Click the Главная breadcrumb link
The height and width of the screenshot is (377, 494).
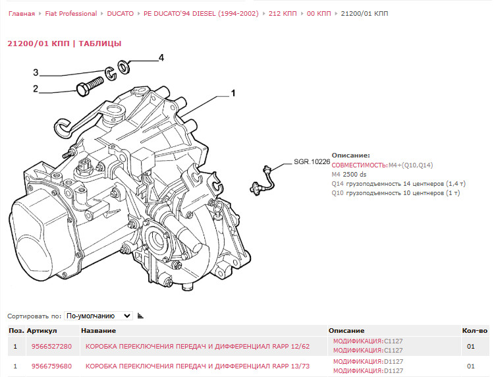(x=21, y=13)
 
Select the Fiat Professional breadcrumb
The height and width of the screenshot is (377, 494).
(x=70, y=13)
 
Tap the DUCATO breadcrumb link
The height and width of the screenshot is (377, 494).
(x=121, y=13)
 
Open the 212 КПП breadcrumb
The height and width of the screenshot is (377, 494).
(x=283, y=13)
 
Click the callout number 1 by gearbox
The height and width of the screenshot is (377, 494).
(x=233, y=94)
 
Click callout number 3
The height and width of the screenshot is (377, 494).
(x=36, y=72)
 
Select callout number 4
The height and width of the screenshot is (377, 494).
(x=161, y=58)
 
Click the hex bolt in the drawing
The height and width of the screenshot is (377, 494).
(x=89, y=86)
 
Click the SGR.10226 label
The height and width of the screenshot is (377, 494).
(x=312, y=161)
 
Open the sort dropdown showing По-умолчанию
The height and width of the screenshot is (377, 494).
(x=99, y=316)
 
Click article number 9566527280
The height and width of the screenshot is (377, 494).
(x=51, y=346)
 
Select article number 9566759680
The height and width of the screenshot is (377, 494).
(x=51, y=366)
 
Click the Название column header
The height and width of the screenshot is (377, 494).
(x=98, y=330)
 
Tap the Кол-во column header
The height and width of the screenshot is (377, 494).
(x=474, y=330)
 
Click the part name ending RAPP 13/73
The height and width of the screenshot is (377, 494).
(x=197, y=366)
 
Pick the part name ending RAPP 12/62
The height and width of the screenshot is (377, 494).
(x=197, y=346)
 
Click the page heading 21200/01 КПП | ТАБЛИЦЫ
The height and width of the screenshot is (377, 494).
(x=64, y=43)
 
